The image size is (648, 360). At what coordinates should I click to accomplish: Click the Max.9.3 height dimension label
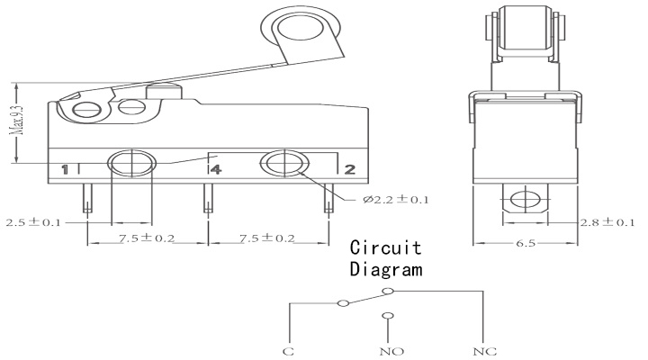pyautogui.click(x=17, y=120)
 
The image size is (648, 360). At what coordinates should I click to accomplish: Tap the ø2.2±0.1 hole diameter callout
pyautogui.click(x=396, y=200)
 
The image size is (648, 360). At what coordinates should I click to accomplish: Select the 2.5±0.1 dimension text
pyautogui.click(x=33, y=222)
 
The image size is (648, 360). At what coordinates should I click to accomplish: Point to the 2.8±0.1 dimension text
pyautogui.click(x=607, y=222)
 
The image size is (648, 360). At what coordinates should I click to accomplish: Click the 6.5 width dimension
pyautogui.click(x=526, y=243)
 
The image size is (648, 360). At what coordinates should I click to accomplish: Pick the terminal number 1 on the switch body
pyautogui.click(x=65, y=169)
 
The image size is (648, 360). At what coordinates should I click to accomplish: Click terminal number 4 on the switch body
pyautogui.click(x=216, y=169)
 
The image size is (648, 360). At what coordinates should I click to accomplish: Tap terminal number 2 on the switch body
pyautogui.click(x=349, y=169)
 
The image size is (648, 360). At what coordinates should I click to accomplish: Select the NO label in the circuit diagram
pyautogui.click(x=391, y=352)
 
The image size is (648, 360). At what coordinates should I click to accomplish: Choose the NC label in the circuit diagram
pyautogui.click(x=485, y=352)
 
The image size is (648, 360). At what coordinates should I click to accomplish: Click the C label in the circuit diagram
pyautogui.click(x=289, y=352)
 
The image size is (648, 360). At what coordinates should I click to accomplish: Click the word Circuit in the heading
pyautogui.click(x=385, y=247)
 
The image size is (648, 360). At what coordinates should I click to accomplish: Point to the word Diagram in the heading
pyautogui.click(x=386, y=269)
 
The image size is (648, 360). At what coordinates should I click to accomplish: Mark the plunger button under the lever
pyautogui.click(x=164, y=92)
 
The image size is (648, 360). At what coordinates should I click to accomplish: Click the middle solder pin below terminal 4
pyautogui.click(x=208, y=198)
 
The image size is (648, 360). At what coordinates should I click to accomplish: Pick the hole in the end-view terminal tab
pyautogui.click(x=526, y=200)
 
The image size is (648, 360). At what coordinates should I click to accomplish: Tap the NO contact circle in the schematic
pyautogui.click(x=388, y=316)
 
